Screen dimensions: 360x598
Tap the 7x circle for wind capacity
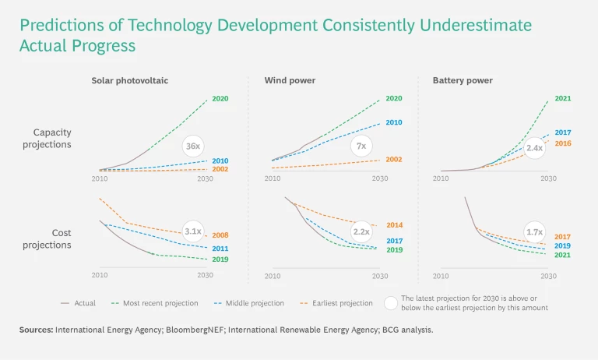click(361, 146)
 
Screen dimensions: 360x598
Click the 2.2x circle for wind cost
click(361, 231)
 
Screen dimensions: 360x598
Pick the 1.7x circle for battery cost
click(534, 231)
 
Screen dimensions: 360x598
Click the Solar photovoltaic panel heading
click(130, 80)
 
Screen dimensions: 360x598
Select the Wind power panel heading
click(285, 80)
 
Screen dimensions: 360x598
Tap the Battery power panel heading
click(463, 80)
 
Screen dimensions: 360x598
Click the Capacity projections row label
click(52, 139)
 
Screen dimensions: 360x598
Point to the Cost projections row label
click(52, 239)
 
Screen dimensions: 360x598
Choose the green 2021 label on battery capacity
click(562, 99)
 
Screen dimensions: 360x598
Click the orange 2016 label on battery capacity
click(562, 143)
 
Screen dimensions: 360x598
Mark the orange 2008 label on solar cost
click(220, 235)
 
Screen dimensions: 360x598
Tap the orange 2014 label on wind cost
click(394, 225)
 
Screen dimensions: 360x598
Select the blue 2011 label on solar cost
click(220, 249)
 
